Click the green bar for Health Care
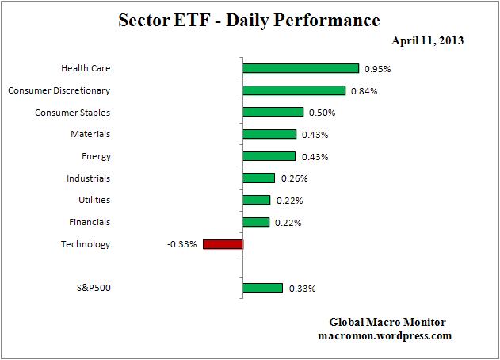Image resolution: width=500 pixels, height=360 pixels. (300, 69)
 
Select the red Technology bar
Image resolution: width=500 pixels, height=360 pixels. (223, 244)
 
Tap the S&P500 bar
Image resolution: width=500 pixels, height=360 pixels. (262, 288)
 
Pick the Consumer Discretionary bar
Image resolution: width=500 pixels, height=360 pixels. (294, 90)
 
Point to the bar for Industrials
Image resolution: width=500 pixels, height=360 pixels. (258, 178)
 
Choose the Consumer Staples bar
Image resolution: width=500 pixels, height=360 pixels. (273, 113)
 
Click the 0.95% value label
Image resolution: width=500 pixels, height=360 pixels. (378, 69)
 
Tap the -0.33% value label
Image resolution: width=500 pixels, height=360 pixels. (181, 244)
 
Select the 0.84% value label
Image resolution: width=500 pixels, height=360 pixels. (365, 91)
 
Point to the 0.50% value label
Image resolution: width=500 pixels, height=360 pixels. (323, 113)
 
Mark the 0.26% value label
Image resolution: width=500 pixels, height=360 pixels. (293, 178)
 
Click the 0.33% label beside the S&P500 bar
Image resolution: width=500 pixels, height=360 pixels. (302, 289)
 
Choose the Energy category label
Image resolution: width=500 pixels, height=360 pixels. (96, 156)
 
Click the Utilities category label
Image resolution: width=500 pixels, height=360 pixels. (94, 200)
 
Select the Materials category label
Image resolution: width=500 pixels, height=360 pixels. (90, 134)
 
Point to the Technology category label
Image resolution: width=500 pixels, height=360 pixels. (86, 244)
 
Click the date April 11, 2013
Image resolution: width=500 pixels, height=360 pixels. (427, 40)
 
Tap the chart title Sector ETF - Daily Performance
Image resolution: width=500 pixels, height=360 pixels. (250, 20)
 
